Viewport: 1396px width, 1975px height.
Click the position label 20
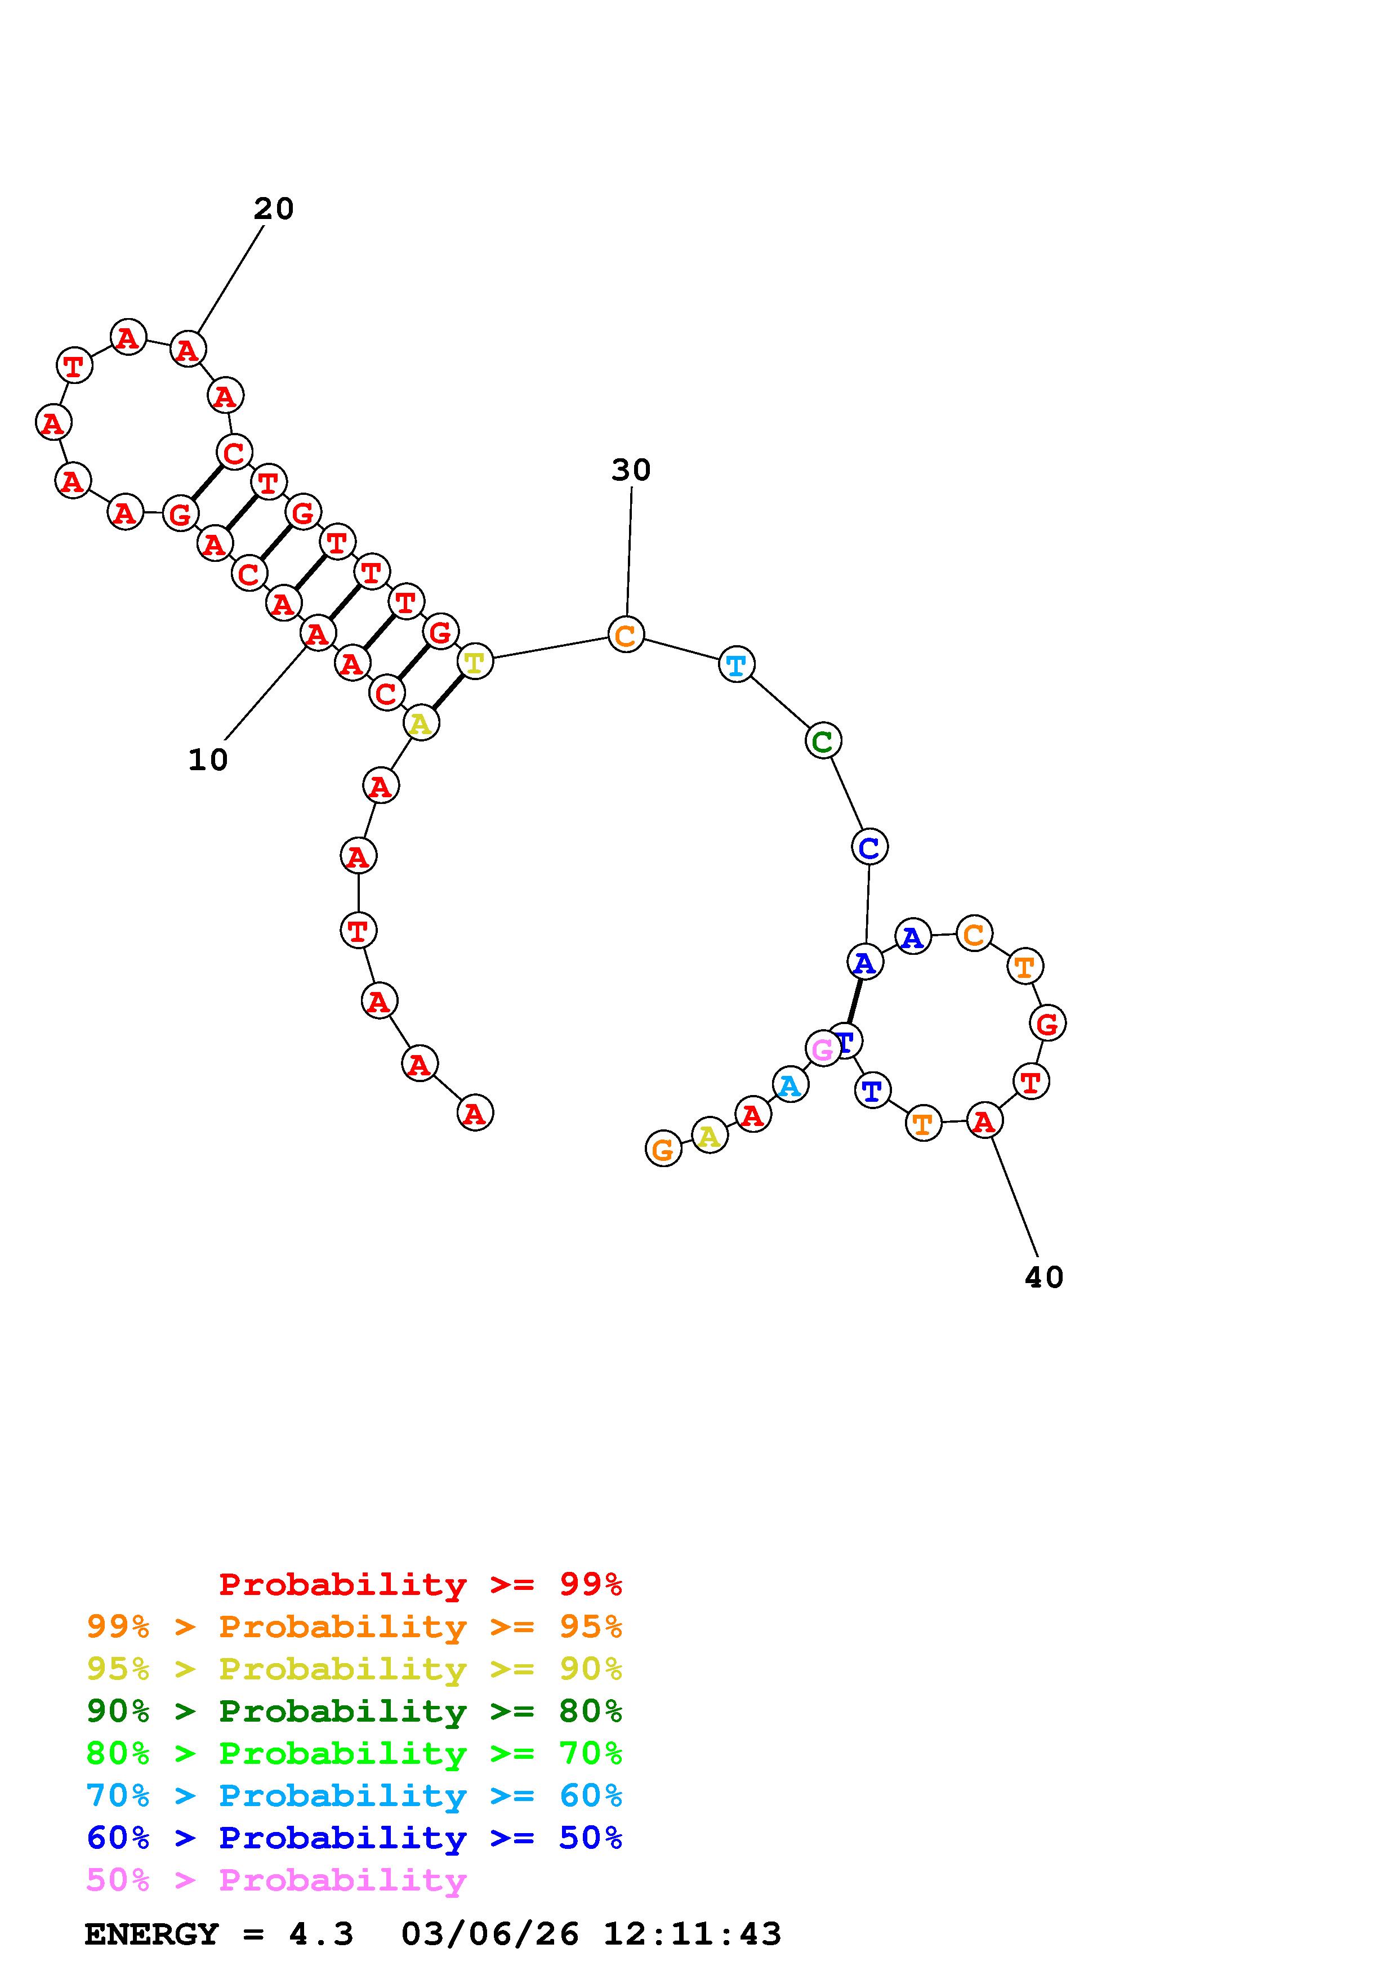tap(274, 208)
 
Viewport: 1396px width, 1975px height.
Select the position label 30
tap(631, 470)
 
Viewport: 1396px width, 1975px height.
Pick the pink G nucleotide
tap(822, 1048)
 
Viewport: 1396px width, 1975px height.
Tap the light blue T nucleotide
tap(736, 664)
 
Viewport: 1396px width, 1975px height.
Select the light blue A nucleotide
tap(790, 1085)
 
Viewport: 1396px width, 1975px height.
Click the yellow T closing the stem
tap(475, 662)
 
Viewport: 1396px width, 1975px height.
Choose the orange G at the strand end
tap(662, 1149)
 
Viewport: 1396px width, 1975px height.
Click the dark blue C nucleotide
tap(869, 847)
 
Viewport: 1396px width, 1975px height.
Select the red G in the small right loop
tap(1047, 1024)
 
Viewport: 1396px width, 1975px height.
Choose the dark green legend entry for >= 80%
tap(354, 1711)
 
